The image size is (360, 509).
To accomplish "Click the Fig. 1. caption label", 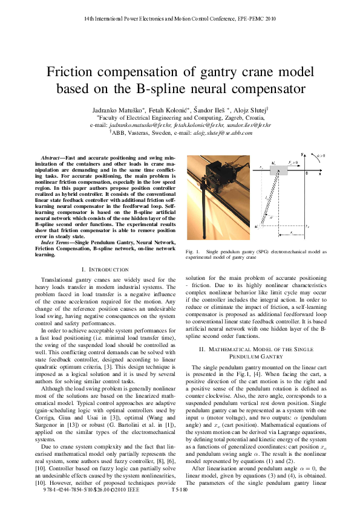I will [193, 251].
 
